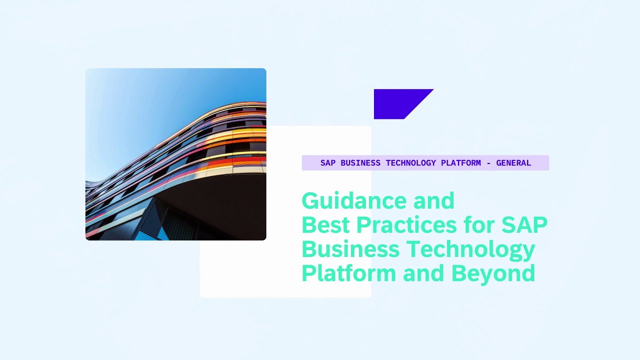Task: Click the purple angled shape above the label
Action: (397, 103)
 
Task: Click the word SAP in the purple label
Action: (328, 163)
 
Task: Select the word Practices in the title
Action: (406, 225)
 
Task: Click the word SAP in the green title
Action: (524, 225)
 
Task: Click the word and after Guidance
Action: (433, 201)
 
